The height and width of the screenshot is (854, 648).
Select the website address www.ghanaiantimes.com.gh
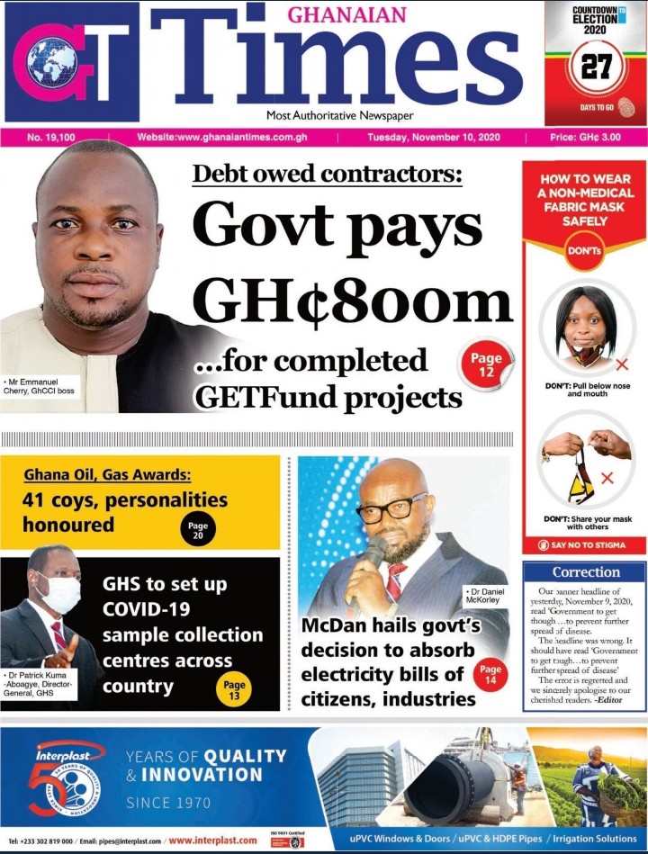coord(230,138)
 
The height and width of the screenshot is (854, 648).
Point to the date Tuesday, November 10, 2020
coord(440,138)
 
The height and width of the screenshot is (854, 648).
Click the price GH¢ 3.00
coord(585,138)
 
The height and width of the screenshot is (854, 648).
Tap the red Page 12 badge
coord(486,364)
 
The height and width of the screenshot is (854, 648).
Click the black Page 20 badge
coord(198,529)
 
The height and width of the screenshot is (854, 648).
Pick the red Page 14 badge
coord(490,675)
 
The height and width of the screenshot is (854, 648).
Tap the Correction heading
coord(586,572)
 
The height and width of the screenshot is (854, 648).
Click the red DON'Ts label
coord(584,252)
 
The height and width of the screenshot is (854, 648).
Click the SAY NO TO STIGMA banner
coord(585,545)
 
